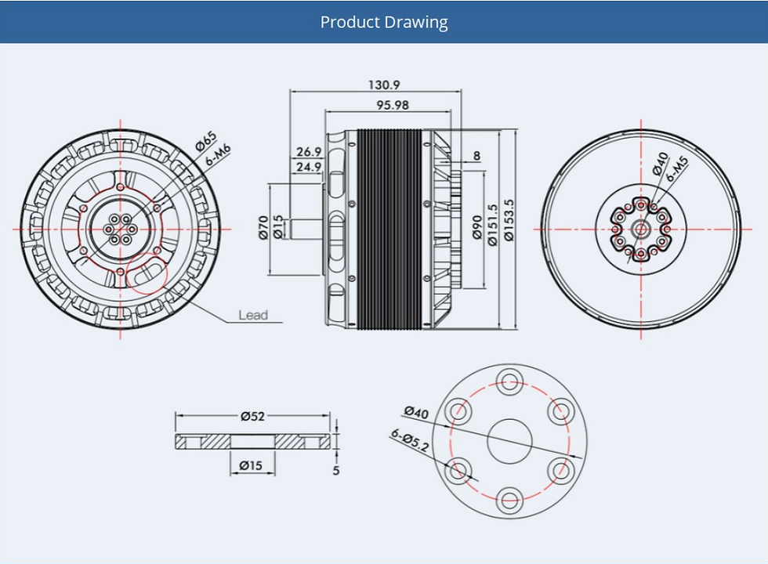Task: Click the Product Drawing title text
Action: (x=384, y=22)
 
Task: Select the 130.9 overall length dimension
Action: (x=384, y=85)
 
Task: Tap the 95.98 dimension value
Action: (x=392, y=105)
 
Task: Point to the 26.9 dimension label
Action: (x=309, y=151)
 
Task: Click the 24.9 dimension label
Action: (x=309, y=167)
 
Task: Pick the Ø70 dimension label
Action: (x=263, y=228)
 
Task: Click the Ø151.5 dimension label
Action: (x=492, y=226)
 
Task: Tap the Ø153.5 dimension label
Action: (x=509, y=226)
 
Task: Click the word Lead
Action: (x=253, y=316)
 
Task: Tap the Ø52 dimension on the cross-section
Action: (x=252, y=416)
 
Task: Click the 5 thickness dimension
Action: (x=336, y=471)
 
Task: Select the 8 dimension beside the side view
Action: (x=476, y=156)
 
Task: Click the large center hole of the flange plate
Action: (x=510, y=440)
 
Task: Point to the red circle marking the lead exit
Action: (x=147, y=273)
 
